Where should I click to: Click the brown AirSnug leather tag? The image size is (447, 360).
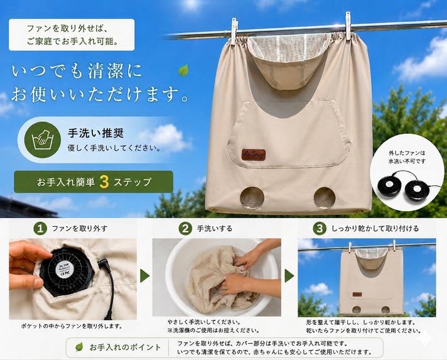(x=254, y=155)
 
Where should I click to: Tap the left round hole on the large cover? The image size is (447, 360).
(x=252, y=198)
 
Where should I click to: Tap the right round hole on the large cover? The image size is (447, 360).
(x=325, y=198)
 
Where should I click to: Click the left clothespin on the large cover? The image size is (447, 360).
(x=234, y=31)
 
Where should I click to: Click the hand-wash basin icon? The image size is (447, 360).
(x=43, y=139)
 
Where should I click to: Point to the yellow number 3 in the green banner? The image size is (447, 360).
(x=104, y=182)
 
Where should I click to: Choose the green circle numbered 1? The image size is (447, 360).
(x=40, y=229)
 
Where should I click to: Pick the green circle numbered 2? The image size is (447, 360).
(x=185, y=229)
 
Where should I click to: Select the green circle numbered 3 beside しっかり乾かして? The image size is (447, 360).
(x=320, y=229)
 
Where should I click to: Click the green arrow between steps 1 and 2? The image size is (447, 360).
(x=145, y=276)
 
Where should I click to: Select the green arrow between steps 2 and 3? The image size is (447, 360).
(x=289, y=276)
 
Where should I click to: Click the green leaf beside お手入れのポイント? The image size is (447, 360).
(x=79, y=347)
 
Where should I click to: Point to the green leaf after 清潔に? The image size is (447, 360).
(x=183, y=70)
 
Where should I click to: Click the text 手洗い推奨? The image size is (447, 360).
(x=96, y=133)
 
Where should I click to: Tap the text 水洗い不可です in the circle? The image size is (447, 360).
(x=407, y=161)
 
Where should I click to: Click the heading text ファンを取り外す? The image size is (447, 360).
(x=80, y=229)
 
